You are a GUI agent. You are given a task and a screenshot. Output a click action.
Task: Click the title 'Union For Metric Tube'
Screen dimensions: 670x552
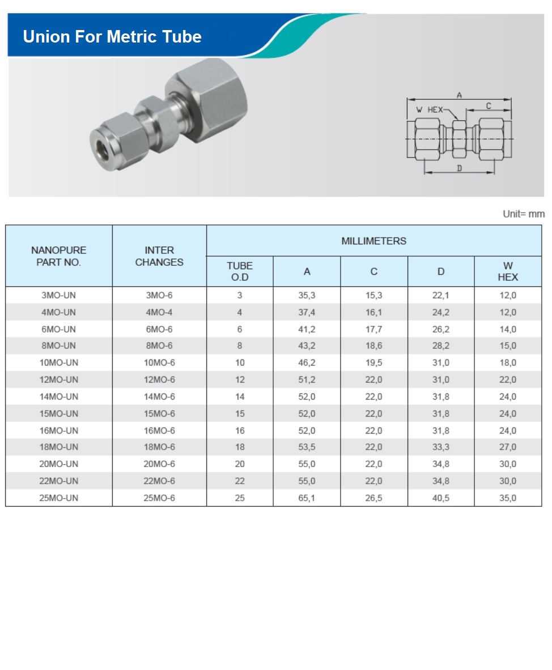[112, 37]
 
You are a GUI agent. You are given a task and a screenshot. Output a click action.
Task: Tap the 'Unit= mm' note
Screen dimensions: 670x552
[523, 214]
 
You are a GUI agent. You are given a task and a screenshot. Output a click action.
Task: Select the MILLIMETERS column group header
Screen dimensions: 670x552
[373, 241]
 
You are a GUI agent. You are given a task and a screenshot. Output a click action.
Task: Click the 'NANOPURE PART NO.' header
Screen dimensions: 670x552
[59, 256]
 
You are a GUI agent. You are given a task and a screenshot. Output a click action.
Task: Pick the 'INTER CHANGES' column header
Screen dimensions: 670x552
[159, 256]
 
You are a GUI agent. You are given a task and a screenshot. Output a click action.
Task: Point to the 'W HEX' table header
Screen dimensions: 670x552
[508, 272]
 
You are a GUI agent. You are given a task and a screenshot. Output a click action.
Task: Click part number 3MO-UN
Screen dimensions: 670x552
[59, 295]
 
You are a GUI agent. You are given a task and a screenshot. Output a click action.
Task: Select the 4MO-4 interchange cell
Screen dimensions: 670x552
[159, 312]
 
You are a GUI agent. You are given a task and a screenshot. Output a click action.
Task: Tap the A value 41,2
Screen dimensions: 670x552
[307, 329]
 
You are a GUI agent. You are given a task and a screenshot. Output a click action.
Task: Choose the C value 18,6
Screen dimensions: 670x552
[373, 346]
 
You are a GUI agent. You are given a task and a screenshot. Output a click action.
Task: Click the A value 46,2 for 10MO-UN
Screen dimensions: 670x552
[307, 363]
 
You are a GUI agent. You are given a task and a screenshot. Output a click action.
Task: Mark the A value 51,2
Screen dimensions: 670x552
[307, 380]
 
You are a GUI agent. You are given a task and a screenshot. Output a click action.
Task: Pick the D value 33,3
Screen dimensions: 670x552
[441, 447]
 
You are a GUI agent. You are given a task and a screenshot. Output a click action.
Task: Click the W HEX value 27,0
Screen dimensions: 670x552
[508, 447]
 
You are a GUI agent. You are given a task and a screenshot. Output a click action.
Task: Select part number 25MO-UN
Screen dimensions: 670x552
[59, 498]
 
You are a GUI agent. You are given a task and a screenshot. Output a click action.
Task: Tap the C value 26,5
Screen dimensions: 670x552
[373, 498]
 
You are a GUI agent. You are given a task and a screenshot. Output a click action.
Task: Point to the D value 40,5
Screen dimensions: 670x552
[441, 498]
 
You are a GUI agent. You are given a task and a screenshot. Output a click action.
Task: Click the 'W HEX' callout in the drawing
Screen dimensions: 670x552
[429, 110]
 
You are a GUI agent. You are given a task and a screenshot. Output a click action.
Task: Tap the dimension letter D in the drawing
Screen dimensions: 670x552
[459, 168]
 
